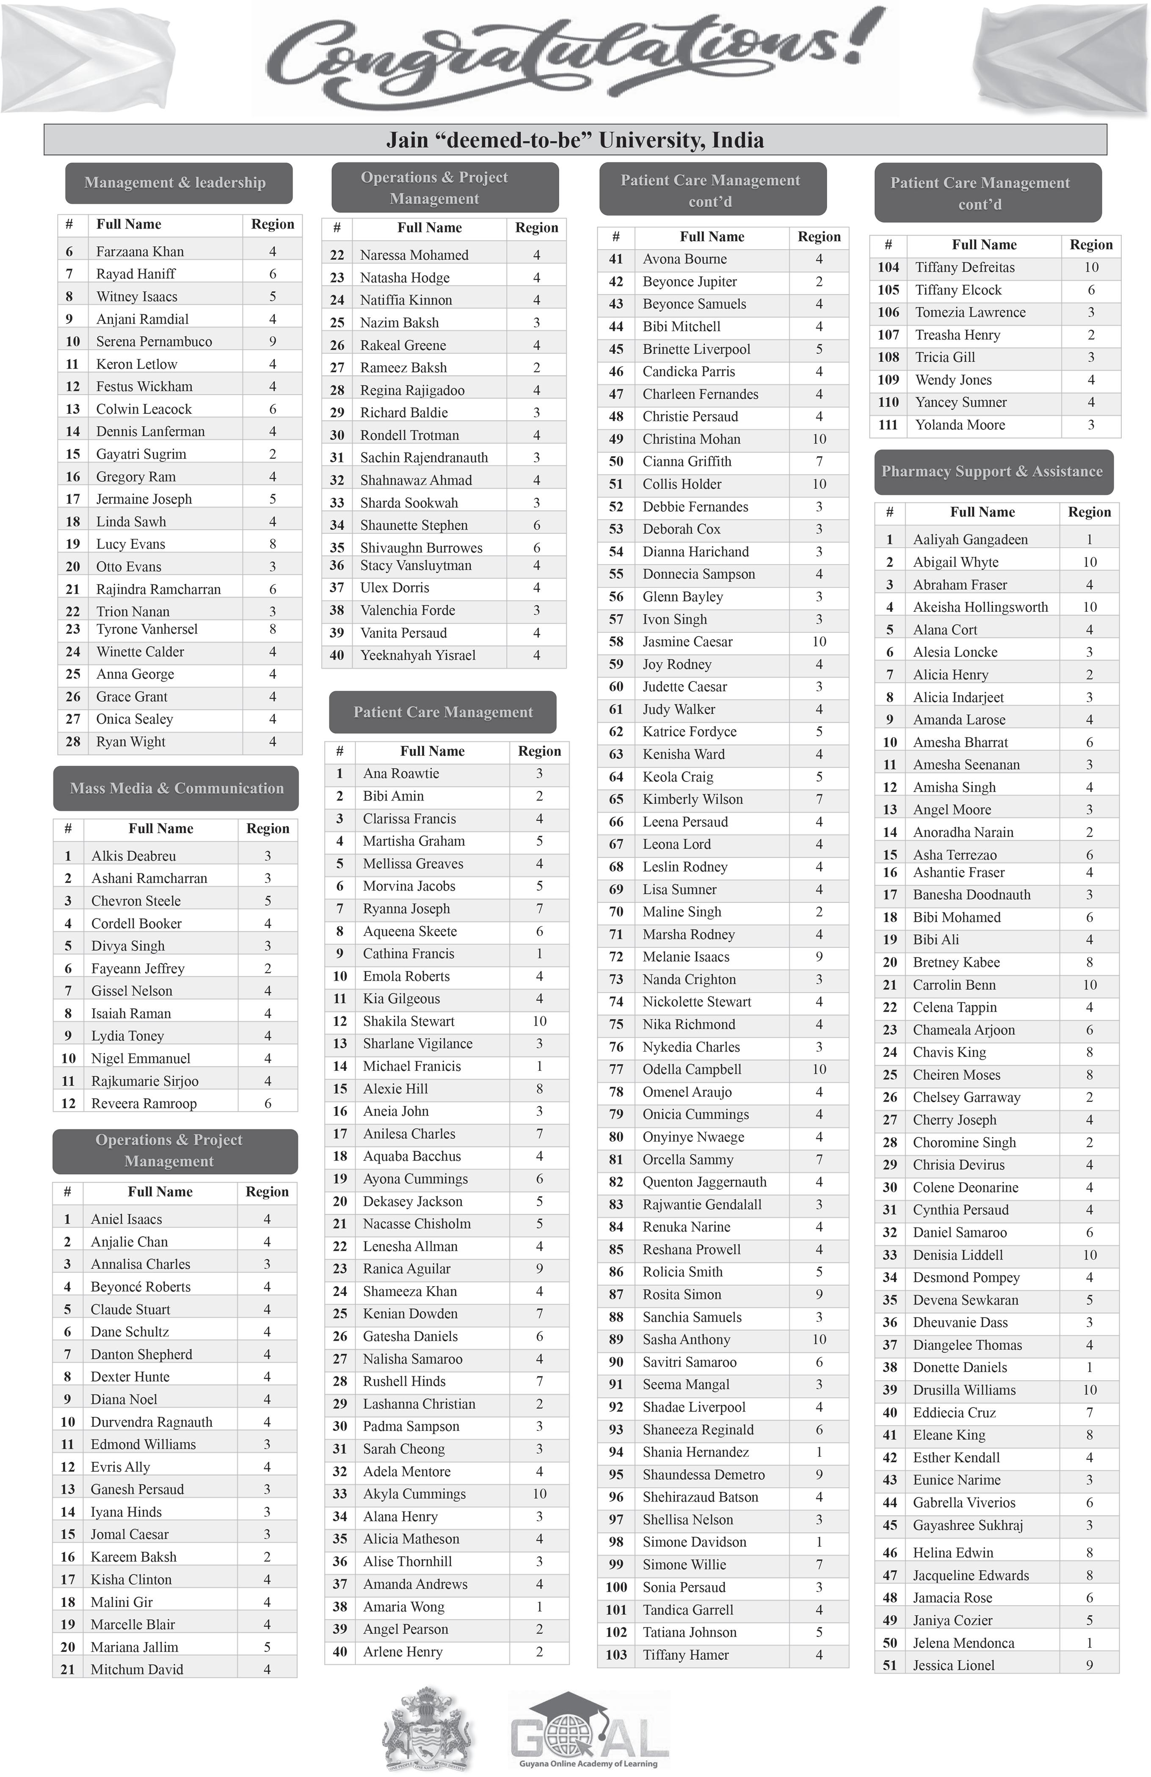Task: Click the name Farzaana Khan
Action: click(140, 252)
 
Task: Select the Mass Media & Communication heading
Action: click(176, 789)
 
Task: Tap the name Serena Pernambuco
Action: click(154, 341)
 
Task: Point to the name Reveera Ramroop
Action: click(144, 1103)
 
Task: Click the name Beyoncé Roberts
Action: click(141, 1287)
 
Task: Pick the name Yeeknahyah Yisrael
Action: click(417, 655)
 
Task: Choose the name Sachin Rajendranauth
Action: click(423, 458)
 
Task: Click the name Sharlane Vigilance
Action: click(417, 1044)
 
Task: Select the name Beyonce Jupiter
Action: click(690, 281)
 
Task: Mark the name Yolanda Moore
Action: click(960, 425)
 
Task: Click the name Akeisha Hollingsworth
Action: click(980, 607)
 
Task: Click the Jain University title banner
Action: click(575, 140)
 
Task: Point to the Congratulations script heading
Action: click(575, 56)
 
